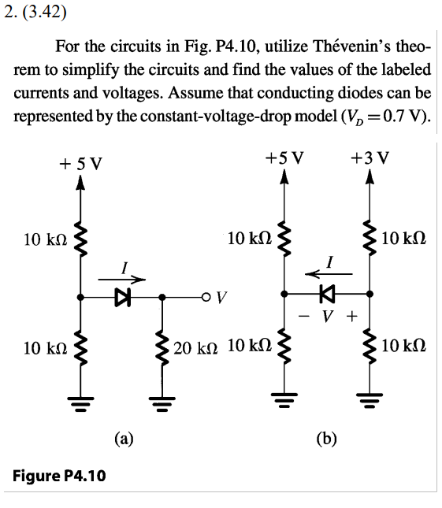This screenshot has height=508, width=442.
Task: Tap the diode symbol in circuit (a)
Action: (x=121, y=297)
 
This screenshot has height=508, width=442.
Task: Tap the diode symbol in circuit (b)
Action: (x=325, y=294)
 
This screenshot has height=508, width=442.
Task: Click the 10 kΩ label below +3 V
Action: (x=406, y=236)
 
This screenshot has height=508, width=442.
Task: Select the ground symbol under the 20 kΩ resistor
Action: (x=162, y=403)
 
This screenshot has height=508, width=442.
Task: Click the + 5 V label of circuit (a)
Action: (x=80, y=164)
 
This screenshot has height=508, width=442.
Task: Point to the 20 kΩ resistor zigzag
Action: (x=162, y=347)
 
